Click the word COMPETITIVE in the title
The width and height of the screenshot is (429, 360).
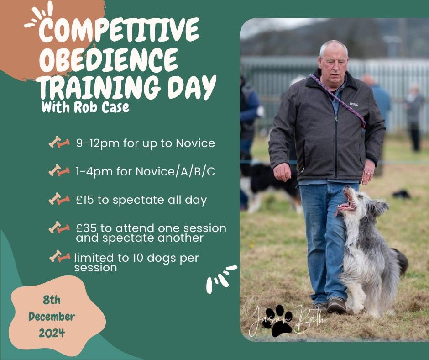119,30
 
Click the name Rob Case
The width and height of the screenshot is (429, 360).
101,107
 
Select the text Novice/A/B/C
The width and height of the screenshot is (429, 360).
175,172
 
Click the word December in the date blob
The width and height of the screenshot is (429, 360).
52,317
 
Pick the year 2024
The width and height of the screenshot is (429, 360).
52,333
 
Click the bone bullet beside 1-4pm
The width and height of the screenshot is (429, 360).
59,170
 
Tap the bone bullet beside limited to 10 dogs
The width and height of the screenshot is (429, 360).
60,256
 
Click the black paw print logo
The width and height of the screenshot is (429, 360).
277,320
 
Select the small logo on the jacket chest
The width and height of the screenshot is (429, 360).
353,104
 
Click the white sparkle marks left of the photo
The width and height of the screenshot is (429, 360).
221,278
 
